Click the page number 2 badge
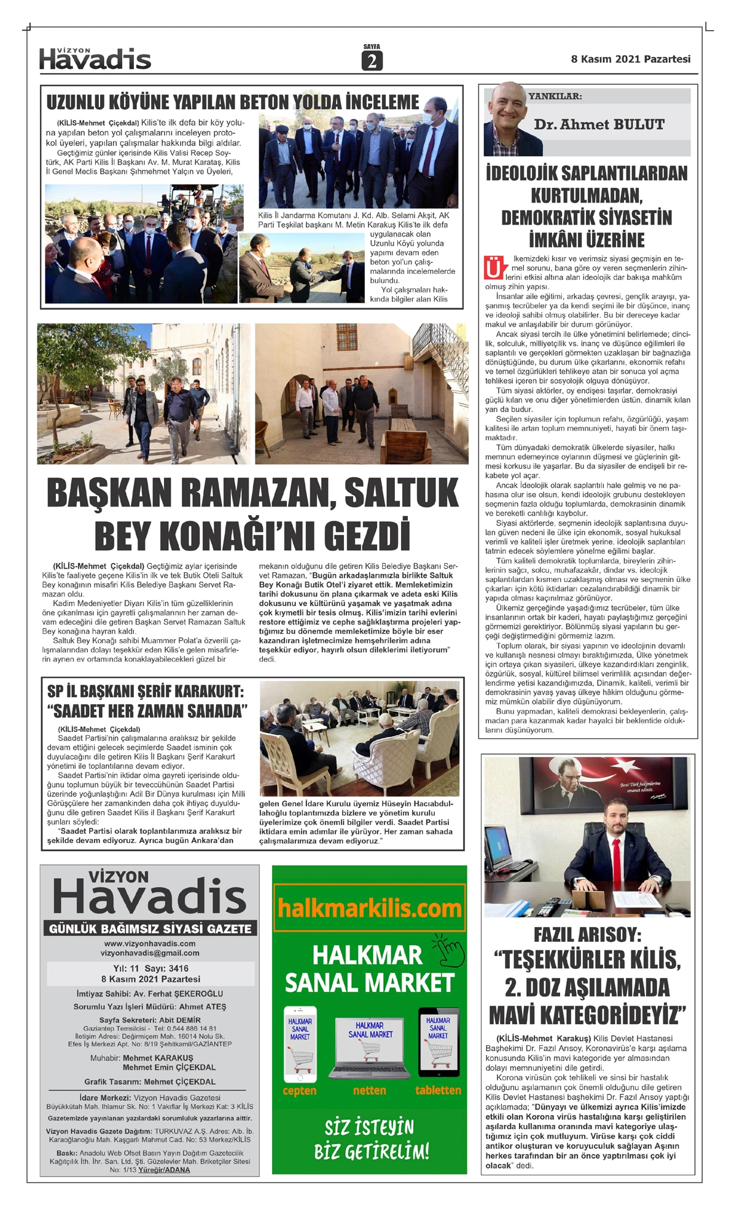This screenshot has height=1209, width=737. pos(372,61)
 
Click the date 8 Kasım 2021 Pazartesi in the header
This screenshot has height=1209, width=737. pos(630,59)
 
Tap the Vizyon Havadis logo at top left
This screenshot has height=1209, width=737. pos(95,59)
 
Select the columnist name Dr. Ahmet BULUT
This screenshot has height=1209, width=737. pos(599,125)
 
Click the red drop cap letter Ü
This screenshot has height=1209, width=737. pos(494,268)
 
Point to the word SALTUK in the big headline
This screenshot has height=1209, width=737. pos(401,493)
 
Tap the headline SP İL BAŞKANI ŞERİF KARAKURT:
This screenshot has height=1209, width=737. pos(146,691)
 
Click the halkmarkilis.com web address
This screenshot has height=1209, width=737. pos(369,908)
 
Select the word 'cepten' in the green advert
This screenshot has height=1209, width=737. pos(300,1090)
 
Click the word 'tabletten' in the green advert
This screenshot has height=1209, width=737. pos(438,1090)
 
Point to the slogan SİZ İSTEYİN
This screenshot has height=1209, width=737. pos(369,1127)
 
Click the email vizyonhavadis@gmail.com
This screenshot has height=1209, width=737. pos(150,953)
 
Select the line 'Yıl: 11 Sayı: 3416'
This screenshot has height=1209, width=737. pos(150,968)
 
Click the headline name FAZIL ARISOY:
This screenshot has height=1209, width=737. pos(587,935)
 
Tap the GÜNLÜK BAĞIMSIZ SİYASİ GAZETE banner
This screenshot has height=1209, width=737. pos(150,929)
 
